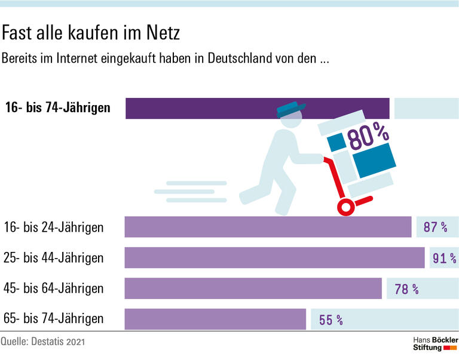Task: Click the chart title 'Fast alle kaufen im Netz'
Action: tap(91, 33)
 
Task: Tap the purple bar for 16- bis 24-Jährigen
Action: tap(268, 227)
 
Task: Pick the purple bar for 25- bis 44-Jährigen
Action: tap(274, 258)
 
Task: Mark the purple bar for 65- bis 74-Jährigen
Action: tap(215, 319)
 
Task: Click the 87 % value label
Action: tap(435, 227)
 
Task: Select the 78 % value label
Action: tap(406, 290)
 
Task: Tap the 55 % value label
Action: tap(331, 320)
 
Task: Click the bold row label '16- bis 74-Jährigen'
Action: tap(57, 108)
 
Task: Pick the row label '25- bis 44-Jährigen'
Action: tap(53, 258)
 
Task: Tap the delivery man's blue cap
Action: tap(290, 109)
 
